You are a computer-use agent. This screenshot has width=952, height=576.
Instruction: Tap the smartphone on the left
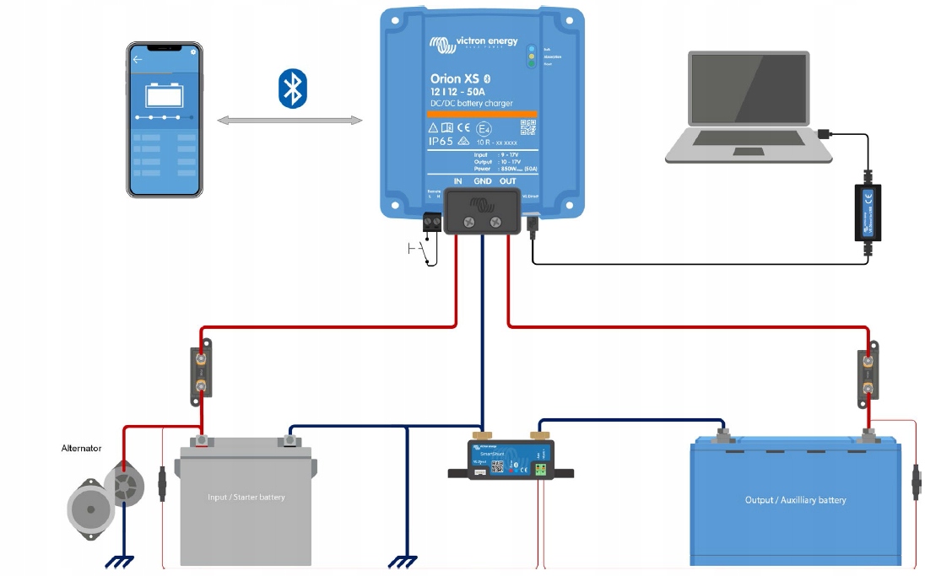click(165, 119)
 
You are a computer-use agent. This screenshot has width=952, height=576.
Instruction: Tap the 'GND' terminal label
click(482, 181)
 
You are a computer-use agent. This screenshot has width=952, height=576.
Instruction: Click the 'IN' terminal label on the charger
click(457, 181)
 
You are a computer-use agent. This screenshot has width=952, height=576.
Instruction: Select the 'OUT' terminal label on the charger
click(507, 181)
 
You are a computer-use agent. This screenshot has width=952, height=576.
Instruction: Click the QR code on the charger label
click(528, 128)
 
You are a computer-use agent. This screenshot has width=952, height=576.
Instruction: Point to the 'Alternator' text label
click(81, 449)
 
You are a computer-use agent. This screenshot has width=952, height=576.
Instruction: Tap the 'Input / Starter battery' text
click(246, 498)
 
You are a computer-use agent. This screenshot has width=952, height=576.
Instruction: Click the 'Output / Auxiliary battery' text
click(795, 500)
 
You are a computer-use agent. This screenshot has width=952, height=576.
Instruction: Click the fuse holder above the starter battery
click(202, 372)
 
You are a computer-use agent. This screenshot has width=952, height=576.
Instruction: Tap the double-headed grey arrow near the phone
click(289, 121)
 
